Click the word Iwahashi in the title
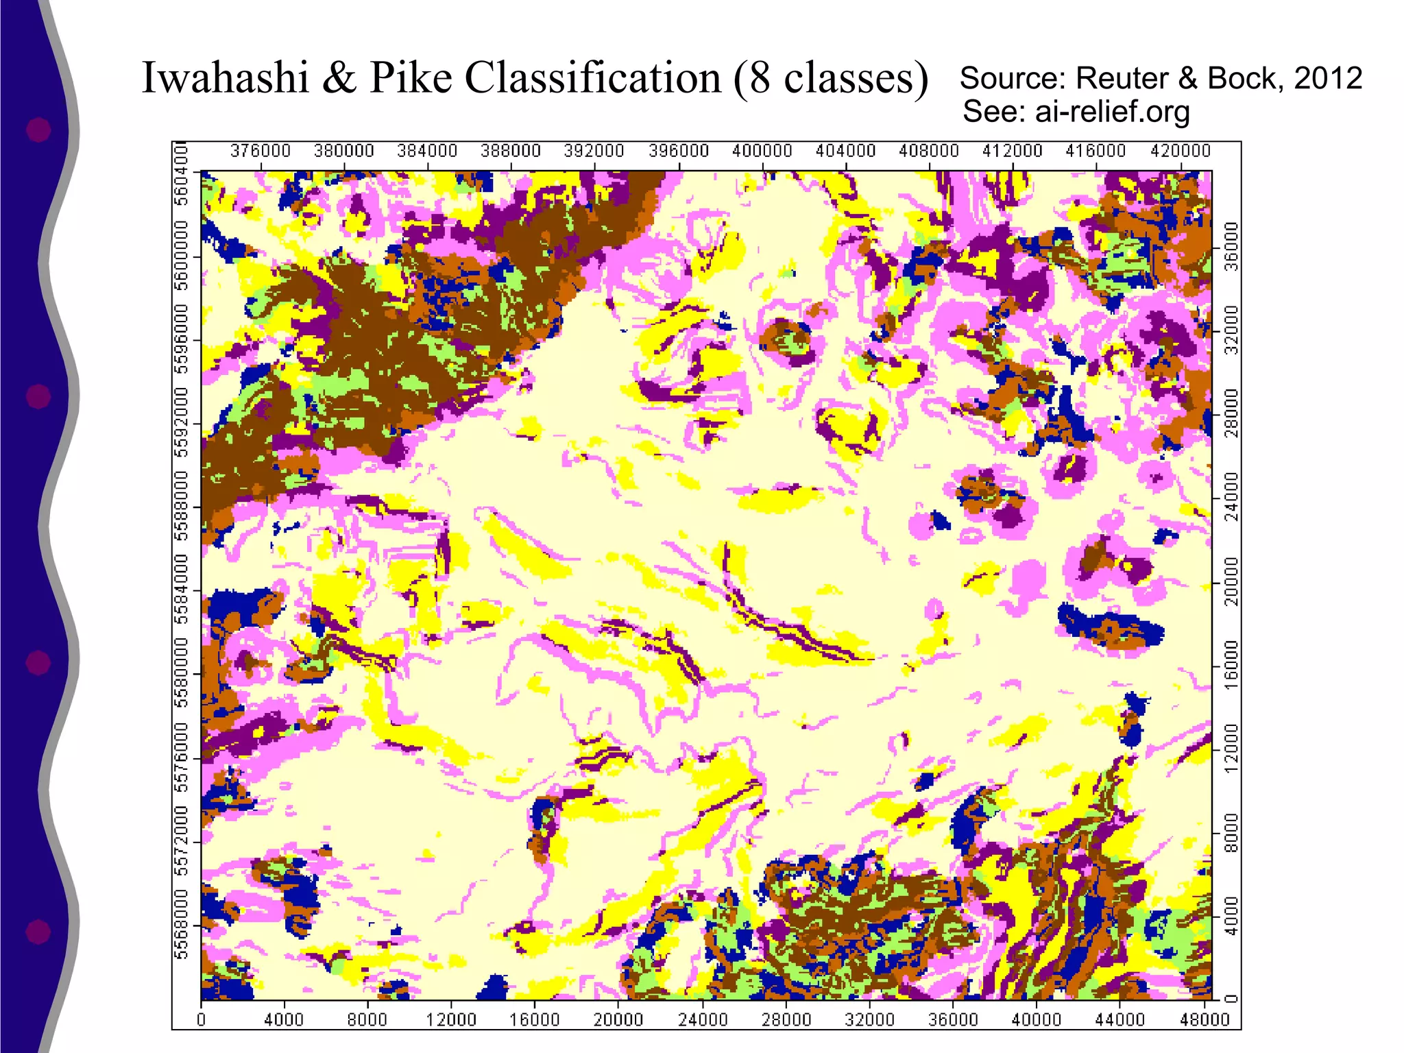click(x=225, y=77)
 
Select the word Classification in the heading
click(x=593, y=77)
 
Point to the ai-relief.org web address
click(x=1112, y=111)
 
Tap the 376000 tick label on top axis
click(x=260, y=151)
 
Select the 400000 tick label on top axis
click(x=762, y=151)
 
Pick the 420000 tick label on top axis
click(x=1180, y=151)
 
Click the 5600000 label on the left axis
click(x=182, y=256)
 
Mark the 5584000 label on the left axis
click(x=182, y=590)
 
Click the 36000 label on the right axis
click(x=1232, y=247)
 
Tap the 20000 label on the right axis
click(x=1232, y=581)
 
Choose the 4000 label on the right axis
click(x=1232, y=916)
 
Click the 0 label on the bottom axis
click(x=201, y=1019)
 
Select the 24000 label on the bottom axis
click(x=702, y=1019)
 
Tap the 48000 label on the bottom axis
click(x=1204, y=1019)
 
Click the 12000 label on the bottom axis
click(x=451, y=1019)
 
